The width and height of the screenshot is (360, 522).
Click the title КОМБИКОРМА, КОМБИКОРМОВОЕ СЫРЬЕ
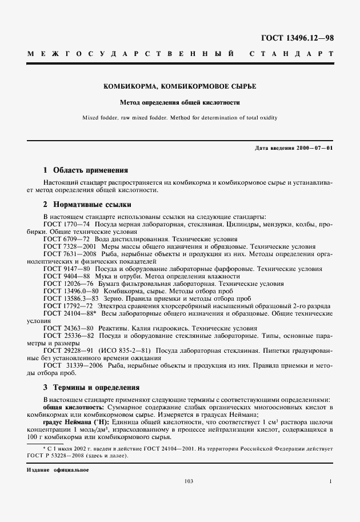coord(179,87)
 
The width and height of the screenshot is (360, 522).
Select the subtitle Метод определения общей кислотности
coord(179,103)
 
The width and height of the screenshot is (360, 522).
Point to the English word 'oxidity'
coord(267,118)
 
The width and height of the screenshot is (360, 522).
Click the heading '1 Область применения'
coord(86,170)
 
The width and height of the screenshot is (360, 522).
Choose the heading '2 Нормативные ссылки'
coord(87,204)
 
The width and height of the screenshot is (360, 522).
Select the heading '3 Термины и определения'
coord(91,388)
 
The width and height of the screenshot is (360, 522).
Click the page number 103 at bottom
coord(189,481)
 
